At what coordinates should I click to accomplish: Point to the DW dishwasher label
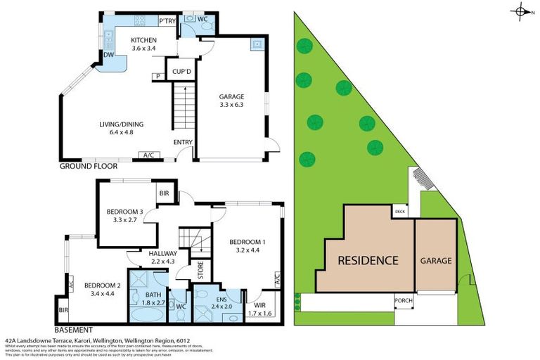tap(108, 54)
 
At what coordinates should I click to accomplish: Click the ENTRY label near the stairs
tap(183, 143)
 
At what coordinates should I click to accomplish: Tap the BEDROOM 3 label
tap(125, 211)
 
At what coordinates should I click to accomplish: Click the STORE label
tap(200, 272)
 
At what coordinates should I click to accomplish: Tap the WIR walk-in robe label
tap(261, 306)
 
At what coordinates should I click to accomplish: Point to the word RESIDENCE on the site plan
tap(368, 260)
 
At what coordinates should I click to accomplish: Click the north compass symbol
tap(522, 11)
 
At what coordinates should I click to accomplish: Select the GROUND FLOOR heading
tap(87, 167)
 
